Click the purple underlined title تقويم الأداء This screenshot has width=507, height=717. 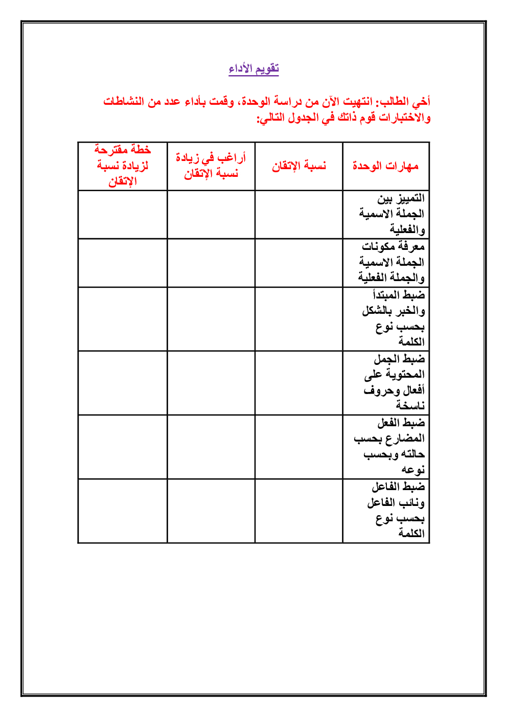pyautogui.click(x=253, y=68)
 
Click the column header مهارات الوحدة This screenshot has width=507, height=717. pyautogui.click(x=385, y=166)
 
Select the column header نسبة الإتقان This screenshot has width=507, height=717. pyautogui.click(x=298, y=166)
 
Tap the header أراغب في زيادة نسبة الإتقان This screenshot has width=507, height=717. pyautogui.click(x=211, y=166)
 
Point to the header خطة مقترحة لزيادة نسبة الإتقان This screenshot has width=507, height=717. pyautogui.click(x=123, y=166)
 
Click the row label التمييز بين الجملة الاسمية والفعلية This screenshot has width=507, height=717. pyautogui.click(x=392, y=214)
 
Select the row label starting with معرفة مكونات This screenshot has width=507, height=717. pyautogui.click(x=392, y=262)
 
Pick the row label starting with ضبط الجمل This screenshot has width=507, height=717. pyautogui.click(x=394, y=382)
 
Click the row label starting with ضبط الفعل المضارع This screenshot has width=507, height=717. pyautogui.click(x=390, y=446)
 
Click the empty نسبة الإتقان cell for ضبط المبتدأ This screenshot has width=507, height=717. pyautogui.click(x=298, y=319)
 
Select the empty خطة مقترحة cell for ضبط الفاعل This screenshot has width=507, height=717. pyautogui.click(x=123, y=511)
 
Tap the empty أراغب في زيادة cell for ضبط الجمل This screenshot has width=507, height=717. pyautogui.click(x=211, y=383)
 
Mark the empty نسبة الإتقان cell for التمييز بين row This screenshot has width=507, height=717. pyautogui.click(x=298, y=215)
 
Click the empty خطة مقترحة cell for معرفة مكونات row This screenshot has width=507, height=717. pyautogui.click(x=123, y=263)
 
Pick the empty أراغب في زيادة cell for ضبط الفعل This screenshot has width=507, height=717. pyautogui.click(x=211, y=447)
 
